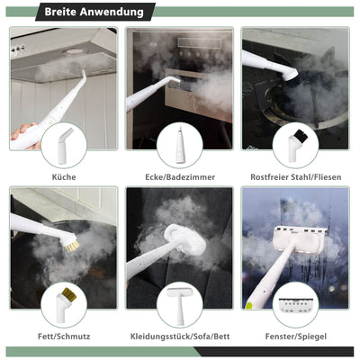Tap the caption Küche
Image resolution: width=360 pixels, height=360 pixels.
tap(64, 176)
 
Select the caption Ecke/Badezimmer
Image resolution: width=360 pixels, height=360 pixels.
tap(179, 176)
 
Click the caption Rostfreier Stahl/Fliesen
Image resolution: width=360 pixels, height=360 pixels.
tap(296, 176)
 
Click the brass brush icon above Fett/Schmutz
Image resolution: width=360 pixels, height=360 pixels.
tap(64, 304)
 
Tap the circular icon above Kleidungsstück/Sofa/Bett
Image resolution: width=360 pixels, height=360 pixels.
tap(179, 304)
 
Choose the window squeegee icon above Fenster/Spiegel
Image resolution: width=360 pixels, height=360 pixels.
tap(296, 304)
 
